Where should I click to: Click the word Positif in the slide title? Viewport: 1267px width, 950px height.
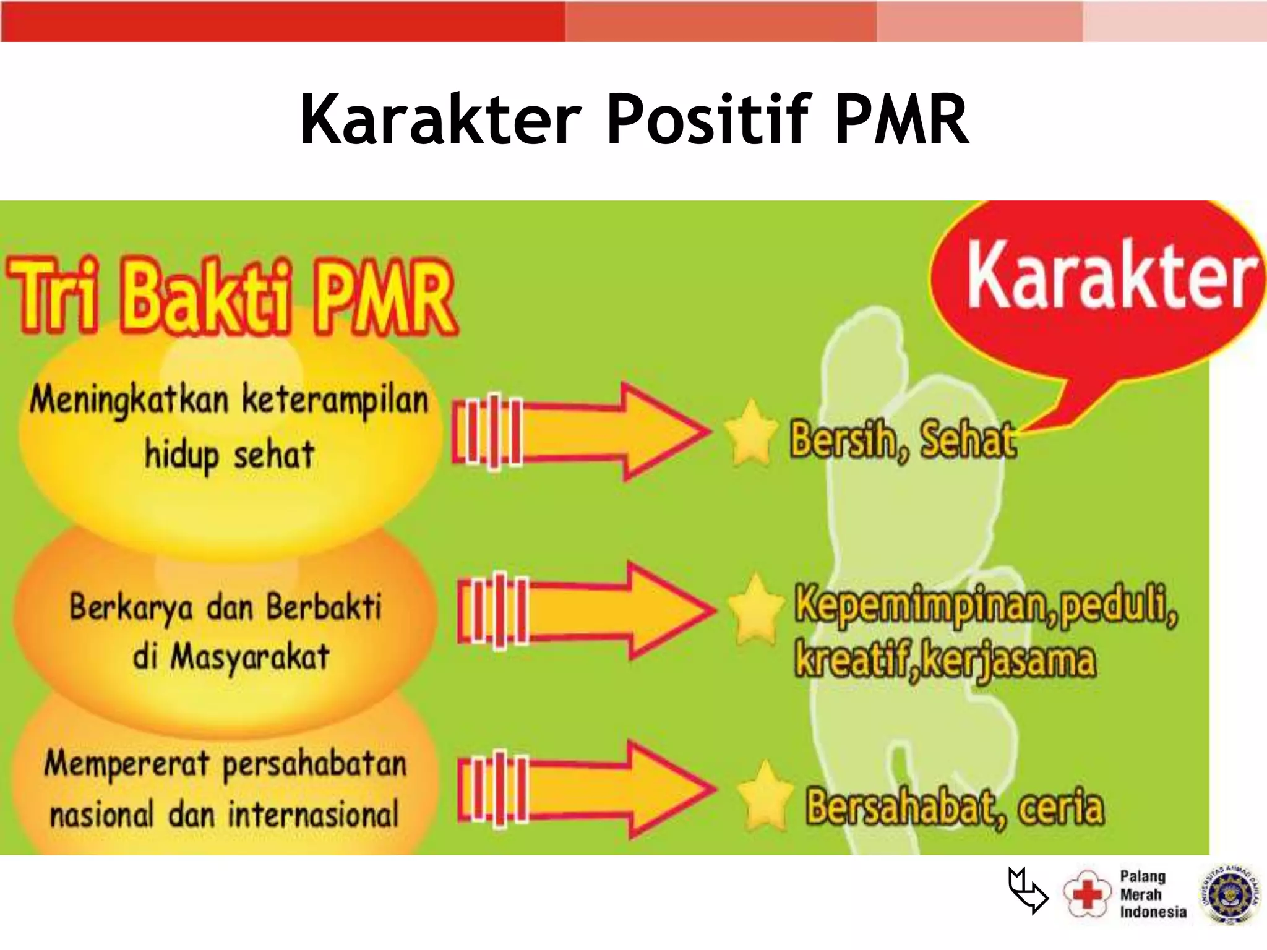click(708, 119)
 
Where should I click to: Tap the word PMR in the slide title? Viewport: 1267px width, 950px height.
click(901, 119)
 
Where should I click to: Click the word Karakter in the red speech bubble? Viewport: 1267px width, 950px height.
click(1111, 275)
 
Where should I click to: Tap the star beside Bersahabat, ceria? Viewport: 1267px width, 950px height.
click(765, 795)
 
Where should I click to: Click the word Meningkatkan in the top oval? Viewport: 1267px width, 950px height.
click(129, 400)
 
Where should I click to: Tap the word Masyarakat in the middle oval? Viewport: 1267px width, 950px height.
click(249, 657)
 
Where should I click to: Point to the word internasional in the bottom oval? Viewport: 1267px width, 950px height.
click(314, 815)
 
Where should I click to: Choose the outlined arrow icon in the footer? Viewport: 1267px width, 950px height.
click(1027, 891)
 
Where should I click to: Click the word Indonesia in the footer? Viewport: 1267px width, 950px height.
click(1153, 912)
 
